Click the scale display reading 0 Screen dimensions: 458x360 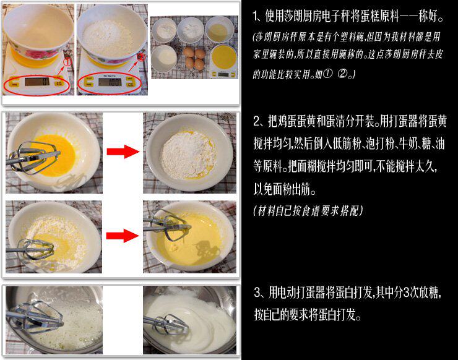tap(37, 82)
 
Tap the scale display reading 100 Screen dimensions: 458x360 tap(110, 82)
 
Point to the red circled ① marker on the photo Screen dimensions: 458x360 tap(67, 62)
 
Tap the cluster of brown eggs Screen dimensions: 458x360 tap(194, 58)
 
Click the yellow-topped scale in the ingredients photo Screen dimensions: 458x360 tap(223, 61)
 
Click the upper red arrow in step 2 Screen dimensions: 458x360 tap(123, 152)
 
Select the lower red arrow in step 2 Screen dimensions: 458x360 tap(123, 236)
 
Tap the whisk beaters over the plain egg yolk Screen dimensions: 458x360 tap(33, 158)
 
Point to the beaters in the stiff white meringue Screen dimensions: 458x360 tap(166, 324)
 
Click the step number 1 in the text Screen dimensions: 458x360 tap(256, 16)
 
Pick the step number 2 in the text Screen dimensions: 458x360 tap(257, 121)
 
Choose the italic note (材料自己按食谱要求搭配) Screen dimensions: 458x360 tap(308, 210)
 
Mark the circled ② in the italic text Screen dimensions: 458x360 tap(342, 74)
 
